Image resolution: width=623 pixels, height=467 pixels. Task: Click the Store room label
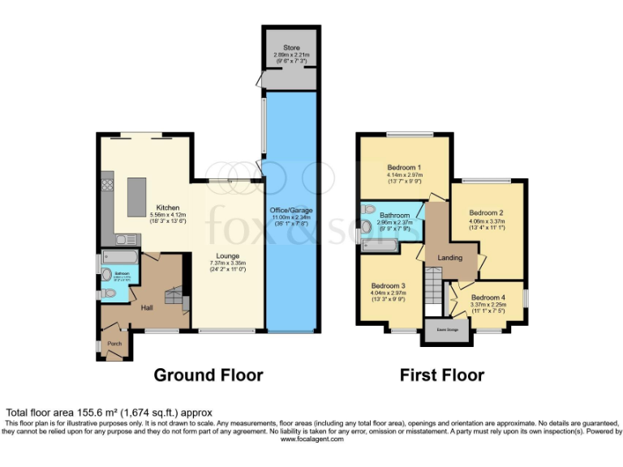coord(291,49)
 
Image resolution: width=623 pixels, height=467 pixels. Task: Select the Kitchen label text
coord(168,208)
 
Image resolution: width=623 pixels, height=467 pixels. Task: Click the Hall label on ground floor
coord(148,308)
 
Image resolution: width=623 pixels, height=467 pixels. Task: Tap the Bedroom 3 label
coord(389,286)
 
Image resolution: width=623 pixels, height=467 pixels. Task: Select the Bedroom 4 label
coord(488,298)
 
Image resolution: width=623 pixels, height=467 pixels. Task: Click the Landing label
coord(450,258)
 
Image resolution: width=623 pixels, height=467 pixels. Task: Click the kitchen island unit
coord(135,193)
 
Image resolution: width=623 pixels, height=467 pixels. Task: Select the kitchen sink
coord(124,239)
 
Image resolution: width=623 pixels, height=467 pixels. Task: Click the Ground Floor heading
coord(208,375)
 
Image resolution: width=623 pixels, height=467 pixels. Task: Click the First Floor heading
coord(441,375)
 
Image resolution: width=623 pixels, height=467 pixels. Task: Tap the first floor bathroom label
coord(395,216)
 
